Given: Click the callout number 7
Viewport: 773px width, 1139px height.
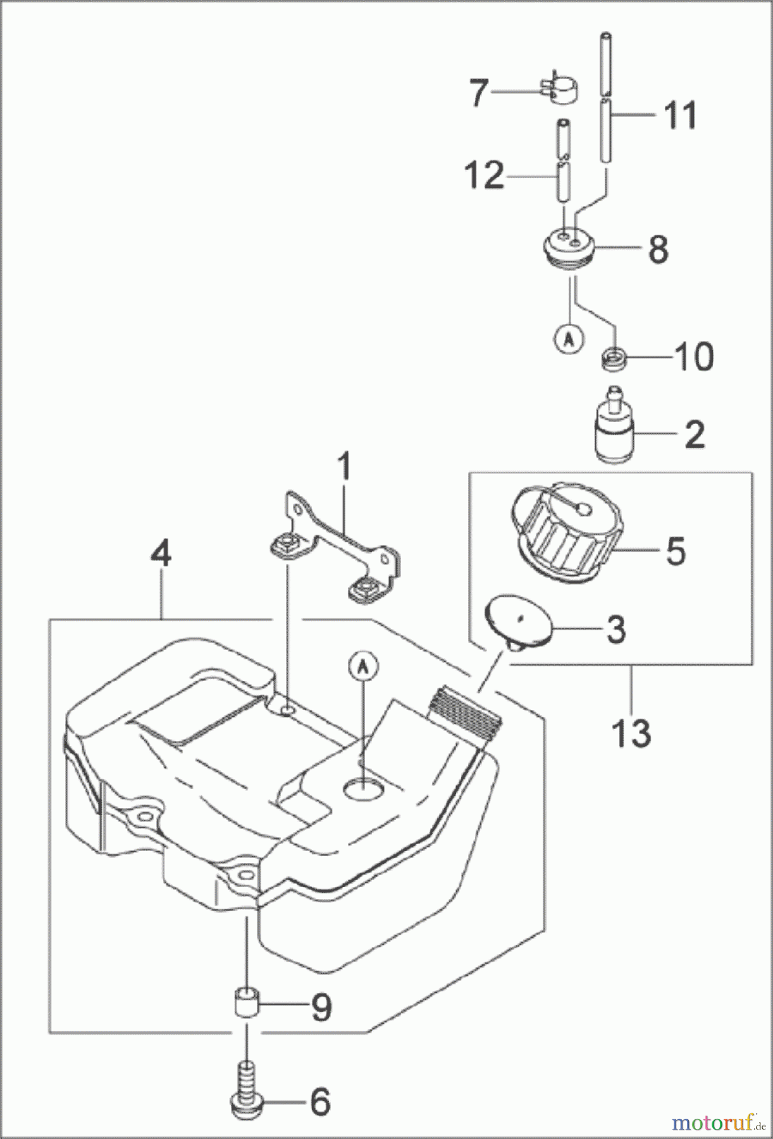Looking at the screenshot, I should pyautogui.click(x=479, y=94).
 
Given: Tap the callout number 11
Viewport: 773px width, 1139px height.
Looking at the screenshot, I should pyautogui.click(x=679, y=115).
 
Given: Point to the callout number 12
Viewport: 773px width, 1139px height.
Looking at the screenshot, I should pyautogui.click(x=483, y=175).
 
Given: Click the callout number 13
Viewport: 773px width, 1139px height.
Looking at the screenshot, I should pyautogui.click(x=631, y=732).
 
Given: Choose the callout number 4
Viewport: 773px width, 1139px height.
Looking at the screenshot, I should pyautogui.click(x=161, y=555).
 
